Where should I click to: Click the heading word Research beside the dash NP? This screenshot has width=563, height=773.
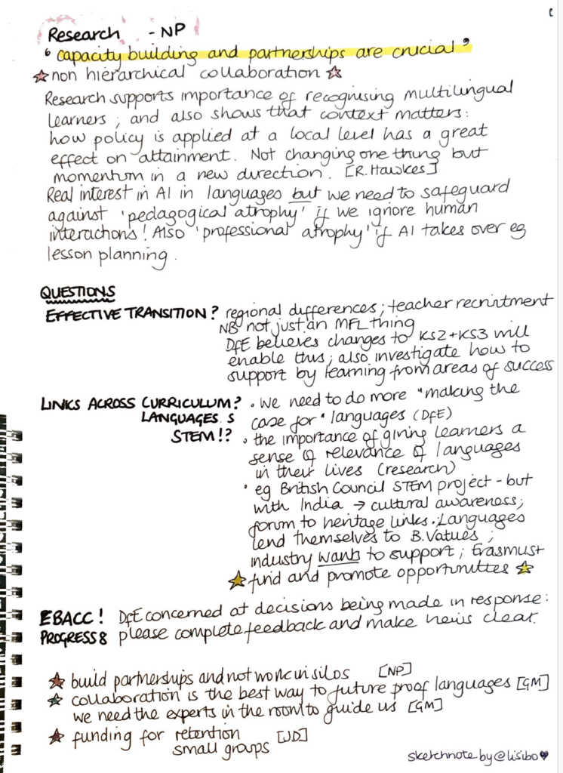(x=83, y=34)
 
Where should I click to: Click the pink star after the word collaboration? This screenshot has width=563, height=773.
(x=336, y=72)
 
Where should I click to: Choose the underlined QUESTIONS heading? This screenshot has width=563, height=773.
(x=77, y=292)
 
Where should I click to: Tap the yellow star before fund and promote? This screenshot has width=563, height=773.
(x=237, y=579)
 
